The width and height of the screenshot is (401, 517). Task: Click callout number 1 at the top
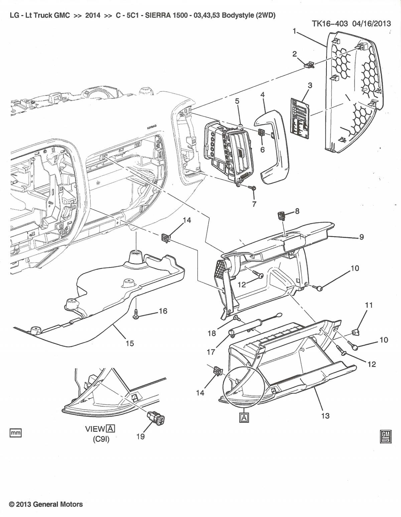coord(294,31)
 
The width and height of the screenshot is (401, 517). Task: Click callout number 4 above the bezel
coord(263,95)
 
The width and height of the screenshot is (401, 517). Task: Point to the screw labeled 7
coord(253,189)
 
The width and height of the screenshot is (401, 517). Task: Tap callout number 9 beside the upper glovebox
coord(362,237)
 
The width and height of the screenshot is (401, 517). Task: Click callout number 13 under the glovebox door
coord(325,416)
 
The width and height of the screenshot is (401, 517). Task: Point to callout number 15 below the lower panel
coord(130,343)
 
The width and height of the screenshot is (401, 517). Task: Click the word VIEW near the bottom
coord(95,429)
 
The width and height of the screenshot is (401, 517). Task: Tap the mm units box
coord(15,433)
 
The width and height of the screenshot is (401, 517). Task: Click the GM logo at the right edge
coord(385,437)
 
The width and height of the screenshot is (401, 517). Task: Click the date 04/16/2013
coord(371,23)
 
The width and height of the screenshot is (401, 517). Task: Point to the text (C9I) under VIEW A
coord(101,439)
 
